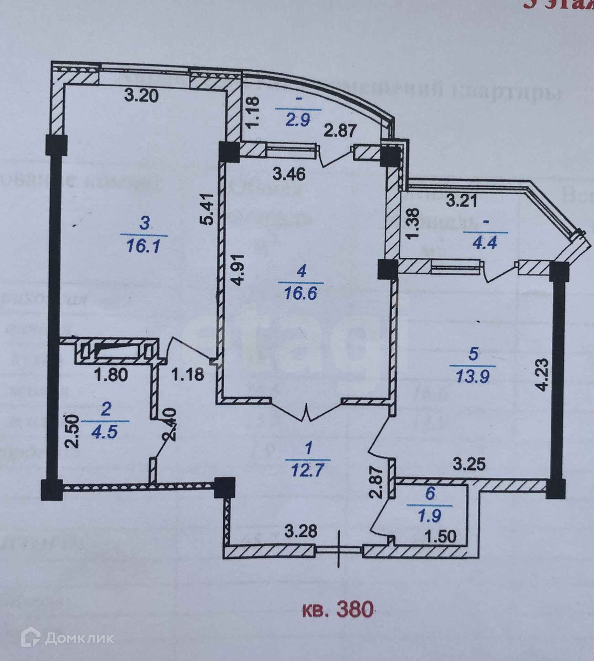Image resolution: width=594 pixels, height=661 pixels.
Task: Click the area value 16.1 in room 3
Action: pos(144,247)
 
